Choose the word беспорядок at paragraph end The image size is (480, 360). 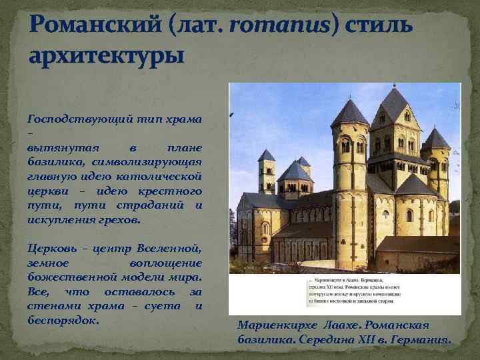(63, 320)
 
